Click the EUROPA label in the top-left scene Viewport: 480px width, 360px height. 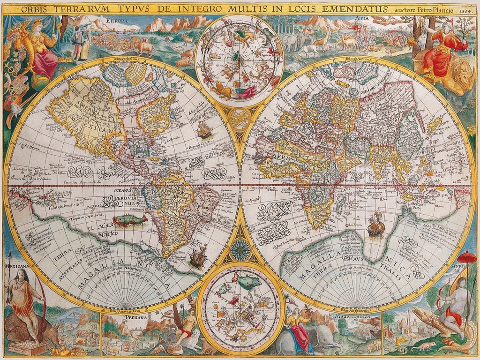click(117, 21)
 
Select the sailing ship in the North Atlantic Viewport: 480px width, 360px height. click(204, 130)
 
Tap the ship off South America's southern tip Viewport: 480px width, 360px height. click(198, 257)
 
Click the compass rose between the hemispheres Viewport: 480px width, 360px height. click(240, 249)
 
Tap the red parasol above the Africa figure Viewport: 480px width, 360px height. click(467, 257)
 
